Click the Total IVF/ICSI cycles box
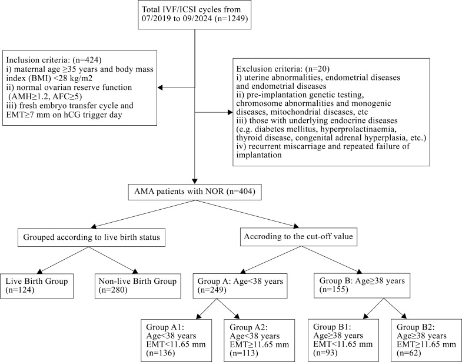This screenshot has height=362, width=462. (194, 15)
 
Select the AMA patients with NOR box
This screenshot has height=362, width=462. (195, 192)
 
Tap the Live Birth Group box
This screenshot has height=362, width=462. (36, 286)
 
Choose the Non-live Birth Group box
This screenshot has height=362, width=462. (138, 286)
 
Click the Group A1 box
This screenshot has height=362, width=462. (176, 340)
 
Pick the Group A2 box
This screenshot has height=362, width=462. (260, 340)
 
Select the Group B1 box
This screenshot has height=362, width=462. (343, 340)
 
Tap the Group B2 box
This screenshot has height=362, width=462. (426, 340)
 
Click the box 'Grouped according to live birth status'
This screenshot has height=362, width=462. (91, 237)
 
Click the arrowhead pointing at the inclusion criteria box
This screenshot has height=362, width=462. (160, 88)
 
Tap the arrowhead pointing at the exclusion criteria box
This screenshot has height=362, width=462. (230, 112)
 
